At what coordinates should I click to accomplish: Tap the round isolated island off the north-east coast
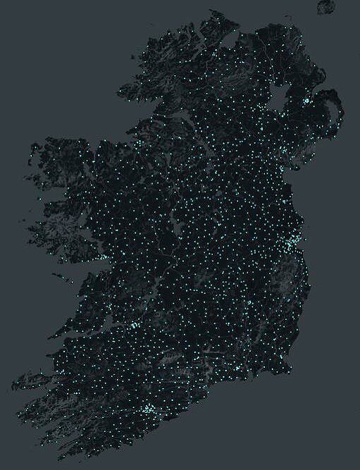pyautogui.click(x=325, y=7)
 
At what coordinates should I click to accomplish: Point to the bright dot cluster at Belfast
pyautogui.click(x=307, y=101)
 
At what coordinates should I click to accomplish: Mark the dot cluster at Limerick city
pyautogui.click(x=132, y=326)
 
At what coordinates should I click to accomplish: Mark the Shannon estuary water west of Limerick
pyautogui.click(x=95, y=331)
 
